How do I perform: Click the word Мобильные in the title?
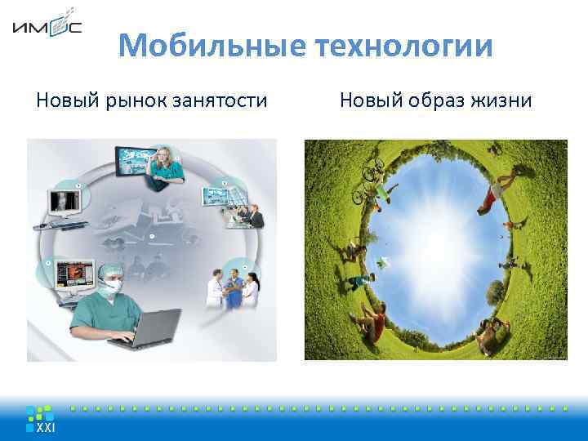coord(208,46)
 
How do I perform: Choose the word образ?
coord(434,100)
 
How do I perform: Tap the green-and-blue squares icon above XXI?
coord(40,412)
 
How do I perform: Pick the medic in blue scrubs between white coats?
coord(234,290)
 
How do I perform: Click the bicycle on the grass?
coord(367,185)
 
